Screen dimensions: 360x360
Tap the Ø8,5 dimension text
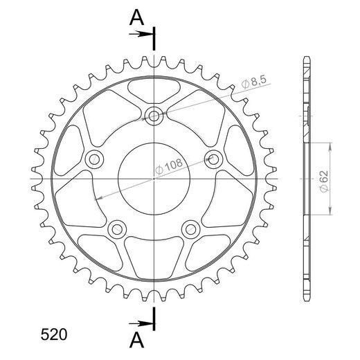click(x=254, y=82)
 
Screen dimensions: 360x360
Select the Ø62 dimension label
click(x=323, y=181)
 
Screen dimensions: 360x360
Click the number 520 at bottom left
click(x=54, y=334)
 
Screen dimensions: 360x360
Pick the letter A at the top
click(x=136, y=18)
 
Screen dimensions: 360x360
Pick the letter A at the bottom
click(x=136, y=340)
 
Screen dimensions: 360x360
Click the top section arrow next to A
click(x=141, y=35)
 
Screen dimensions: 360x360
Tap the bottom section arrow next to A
click(x=141, y=324)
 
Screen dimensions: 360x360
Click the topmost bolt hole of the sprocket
click(x=154, y=116)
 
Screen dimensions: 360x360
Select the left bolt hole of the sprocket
click(x=94, y=159)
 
